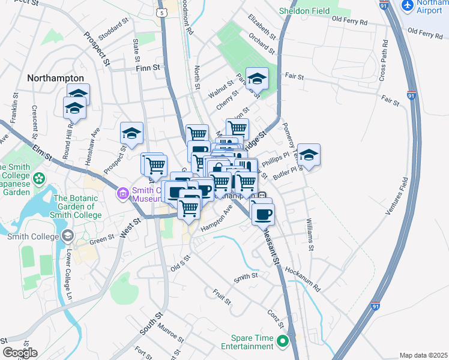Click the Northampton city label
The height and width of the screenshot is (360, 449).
click(x=55, y=78)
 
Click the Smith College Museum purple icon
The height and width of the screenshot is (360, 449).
click(x=122, y=193)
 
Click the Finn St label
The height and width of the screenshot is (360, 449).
click(x=149, y=67)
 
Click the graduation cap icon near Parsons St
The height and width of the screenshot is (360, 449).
click(x=256, y=77)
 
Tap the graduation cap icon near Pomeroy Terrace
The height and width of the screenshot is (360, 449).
click(x=309, y=154)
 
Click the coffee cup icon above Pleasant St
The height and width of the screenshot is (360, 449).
click(x=262, y=213)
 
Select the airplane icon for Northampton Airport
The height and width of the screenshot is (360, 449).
click(x=408, y=5)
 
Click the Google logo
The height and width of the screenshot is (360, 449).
click(x=20, y=353)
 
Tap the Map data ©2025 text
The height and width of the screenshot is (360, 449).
click(x=423, y=355)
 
